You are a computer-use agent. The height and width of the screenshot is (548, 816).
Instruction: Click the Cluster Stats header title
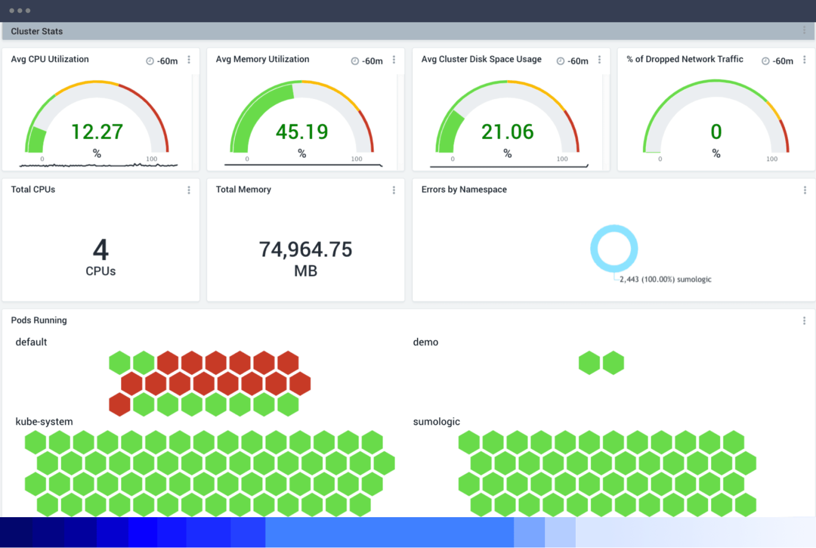[37, 31]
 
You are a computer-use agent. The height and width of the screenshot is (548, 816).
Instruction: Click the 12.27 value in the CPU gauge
[97, 132]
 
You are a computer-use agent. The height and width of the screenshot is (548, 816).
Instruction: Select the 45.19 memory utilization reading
[302, 132]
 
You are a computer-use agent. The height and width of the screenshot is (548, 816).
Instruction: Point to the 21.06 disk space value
[507, 132]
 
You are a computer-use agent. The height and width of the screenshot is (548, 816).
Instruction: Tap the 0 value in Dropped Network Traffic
[716, 132]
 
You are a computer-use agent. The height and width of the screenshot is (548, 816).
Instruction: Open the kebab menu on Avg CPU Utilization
[189, 60]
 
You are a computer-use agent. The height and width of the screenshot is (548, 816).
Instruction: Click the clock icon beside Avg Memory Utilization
[355, 61]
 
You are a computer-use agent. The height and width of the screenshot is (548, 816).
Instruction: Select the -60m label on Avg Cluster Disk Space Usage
[578, 61]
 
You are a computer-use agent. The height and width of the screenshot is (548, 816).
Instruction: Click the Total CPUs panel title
[33, 189]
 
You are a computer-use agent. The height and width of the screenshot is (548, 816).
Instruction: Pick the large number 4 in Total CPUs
[100, 249]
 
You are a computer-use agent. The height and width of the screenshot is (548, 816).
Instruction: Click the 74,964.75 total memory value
[305, 249]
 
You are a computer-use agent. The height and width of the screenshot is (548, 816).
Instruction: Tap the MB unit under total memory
[305, 271]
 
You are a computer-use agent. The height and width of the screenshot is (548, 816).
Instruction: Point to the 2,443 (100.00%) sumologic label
[665, 279]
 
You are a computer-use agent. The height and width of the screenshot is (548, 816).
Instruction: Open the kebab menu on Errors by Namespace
[805, 190]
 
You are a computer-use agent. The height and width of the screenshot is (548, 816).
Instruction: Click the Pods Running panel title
[39, 320]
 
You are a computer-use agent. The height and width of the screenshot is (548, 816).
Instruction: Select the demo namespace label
[426, 342]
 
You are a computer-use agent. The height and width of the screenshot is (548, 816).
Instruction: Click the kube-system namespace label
[44, 421]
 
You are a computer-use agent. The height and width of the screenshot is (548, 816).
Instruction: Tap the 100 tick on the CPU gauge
[151, 159]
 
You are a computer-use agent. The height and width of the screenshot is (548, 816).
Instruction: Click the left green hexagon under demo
[589, 362]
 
